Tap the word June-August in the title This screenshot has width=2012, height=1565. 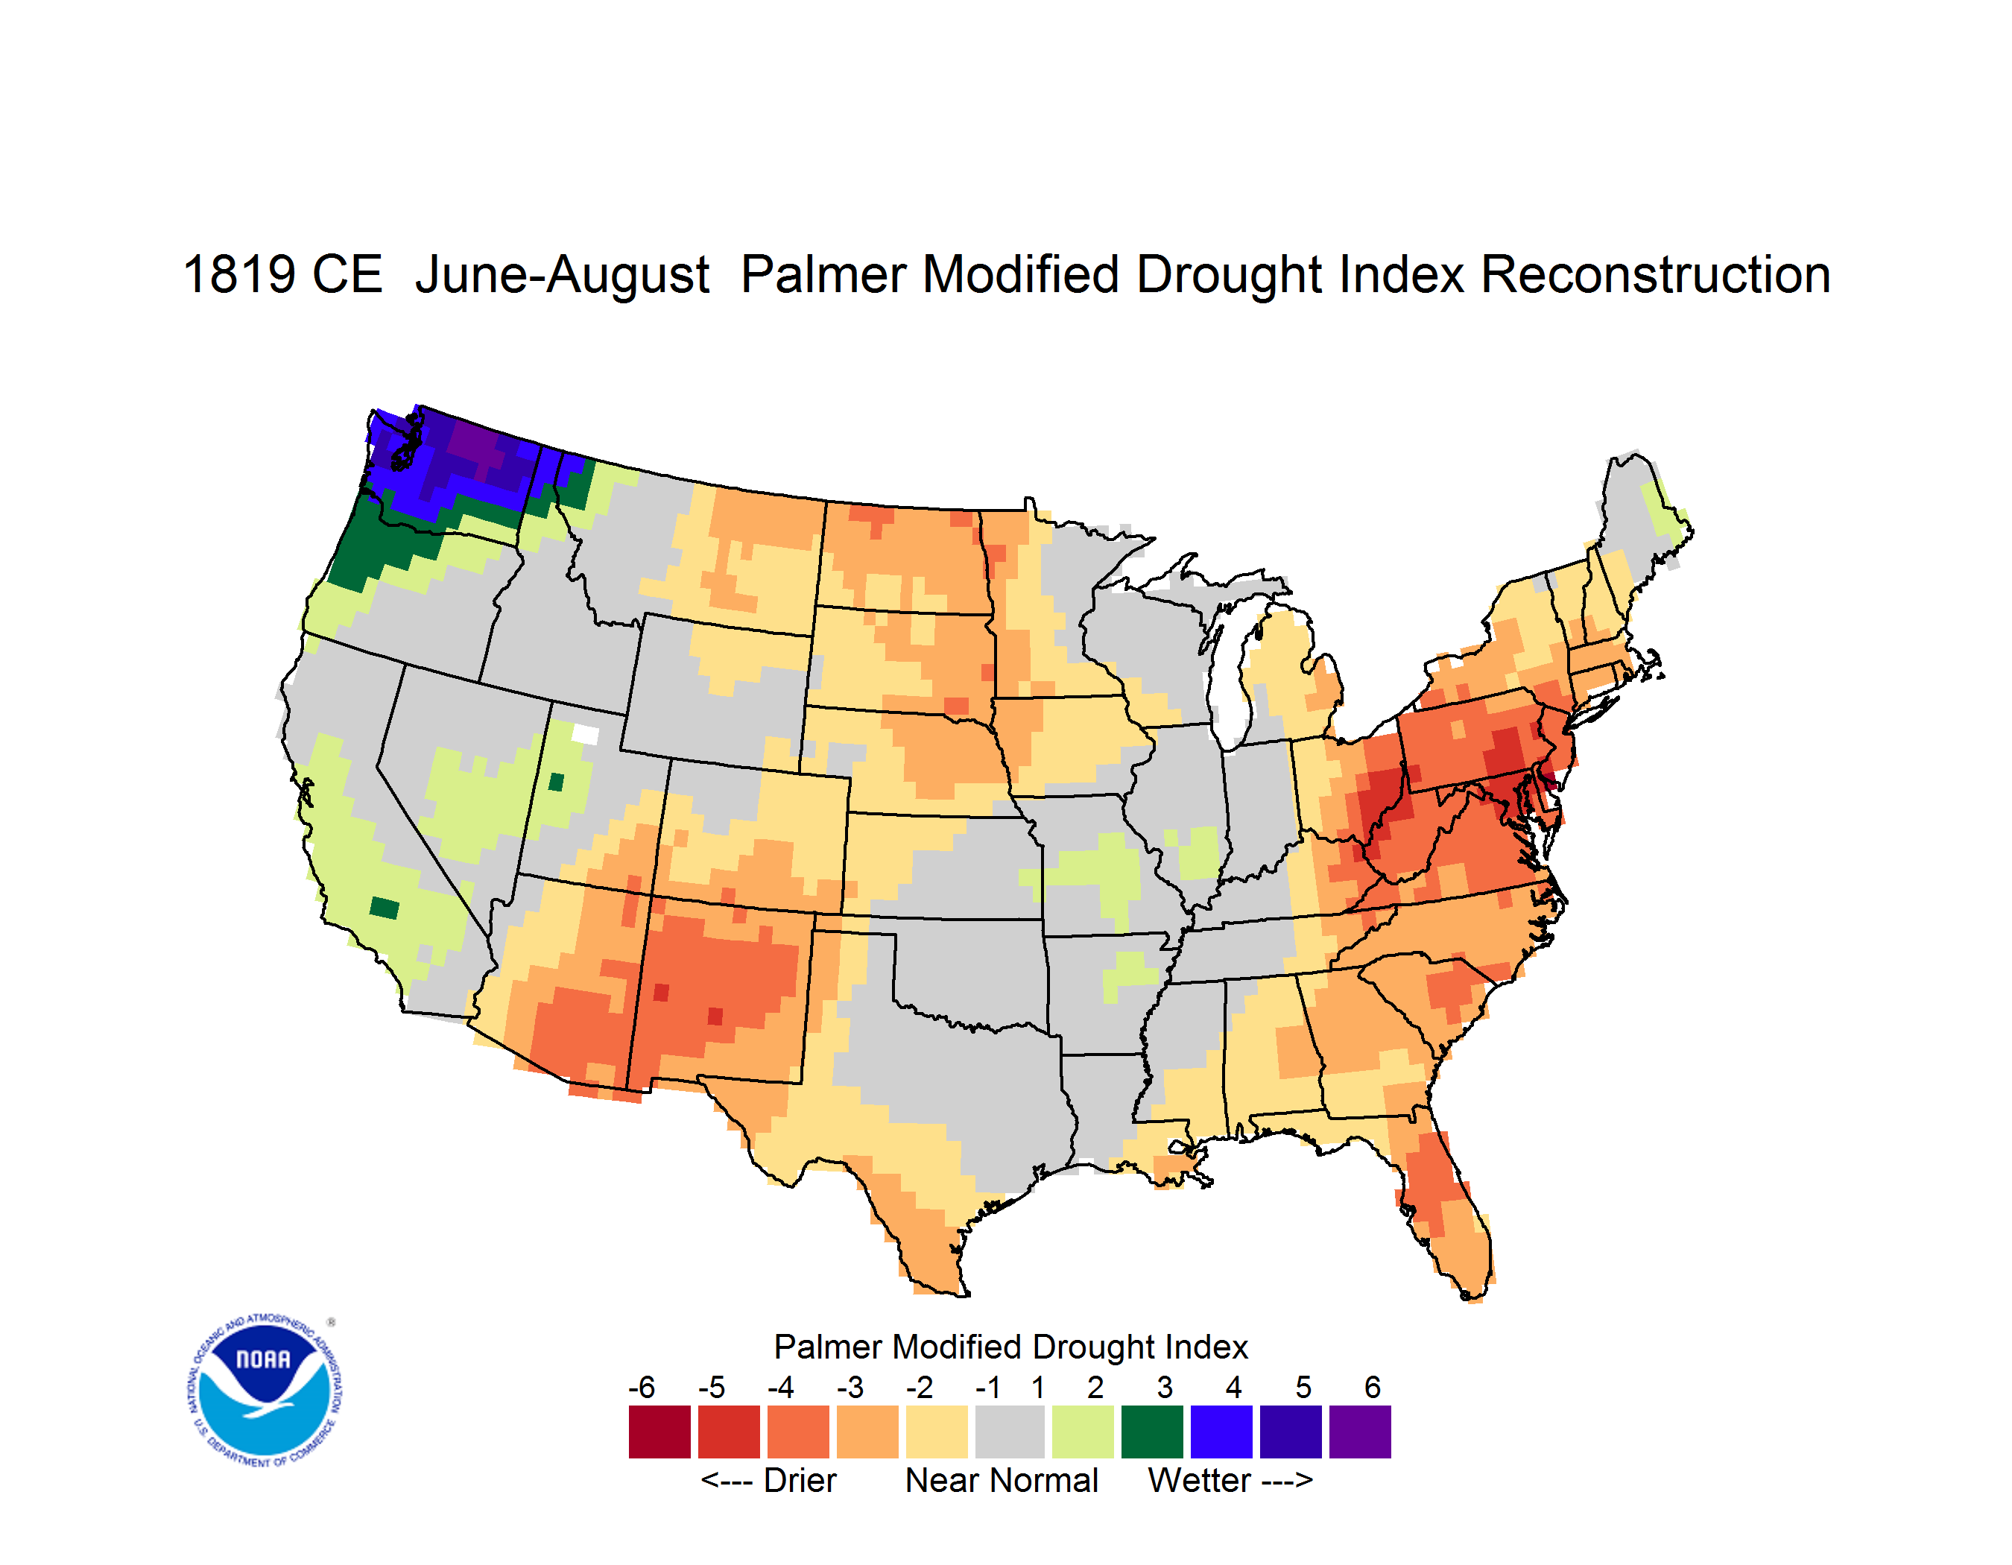(562, 276)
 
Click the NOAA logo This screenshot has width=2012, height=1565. (265, 1391)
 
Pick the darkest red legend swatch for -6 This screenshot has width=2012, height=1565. (659, 1432)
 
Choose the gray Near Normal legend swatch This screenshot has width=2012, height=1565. (1010, 1432)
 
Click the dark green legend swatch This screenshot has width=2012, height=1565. (1151, 1432)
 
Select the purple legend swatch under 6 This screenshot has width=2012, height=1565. (1360, 1432)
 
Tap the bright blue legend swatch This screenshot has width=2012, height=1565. (1221, 1432)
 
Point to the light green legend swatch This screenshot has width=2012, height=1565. (1083, 1432)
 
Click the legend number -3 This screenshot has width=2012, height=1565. (850, 1387)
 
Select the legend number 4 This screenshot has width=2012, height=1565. (1233, 1387)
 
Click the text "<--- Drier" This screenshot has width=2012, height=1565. (768, 1480)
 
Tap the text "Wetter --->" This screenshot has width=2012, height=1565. (1230, 1480)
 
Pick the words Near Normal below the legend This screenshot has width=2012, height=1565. (1002, 1480)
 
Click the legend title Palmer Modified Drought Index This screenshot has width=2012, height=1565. (1010, 1347)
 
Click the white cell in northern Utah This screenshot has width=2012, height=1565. (586, 734)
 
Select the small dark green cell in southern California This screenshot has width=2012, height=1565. (385, 908)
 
